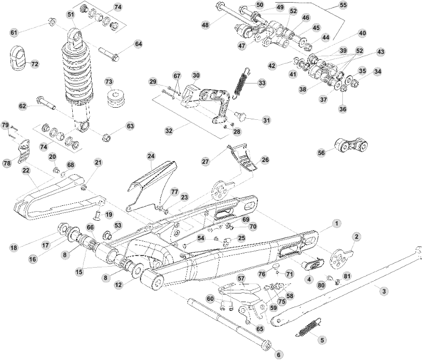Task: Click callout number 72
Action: click(x=35, y=64)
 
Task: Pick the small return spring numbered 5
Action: click(x=307, y=328)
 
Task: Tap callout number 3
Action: click(x=384, y=291)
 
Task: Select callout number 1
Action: click(x=337, y=223)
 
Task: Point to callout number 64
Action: click(x=139, y=44)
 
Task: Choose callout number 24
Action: click(x=151, y=156)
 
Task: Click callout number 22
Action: click(x=25, y=170)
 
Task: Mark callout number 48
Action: click(x=205, y=25)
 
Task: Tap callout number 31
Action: click(x=266, y=120)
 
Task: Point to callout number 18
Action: click(x=14, y=248)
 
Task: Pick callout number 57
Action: click(x=241, y=278)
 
